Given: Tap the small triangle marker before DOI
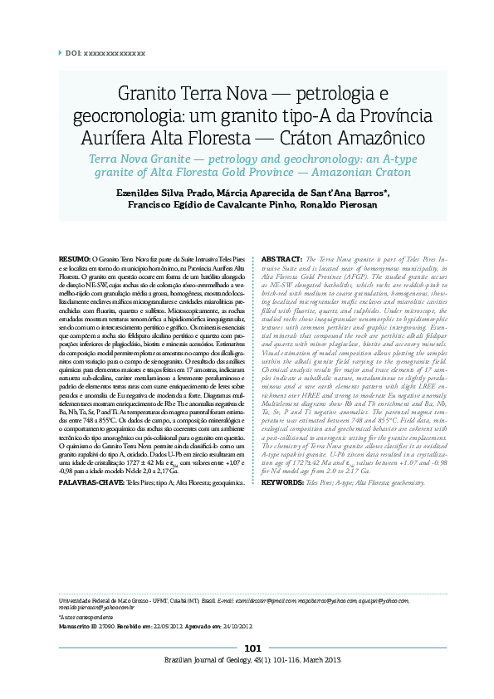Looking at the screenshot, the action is [x=60, y=52].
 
